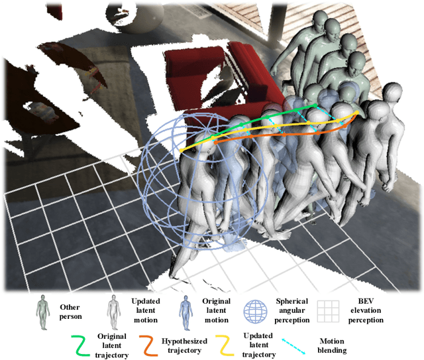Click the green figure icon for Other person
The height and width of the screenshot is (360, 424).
point(43,312)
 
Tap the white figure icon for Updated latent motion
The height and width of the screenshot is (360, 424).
point(114,312)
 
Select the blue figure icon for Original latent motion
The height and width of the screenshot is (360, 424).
point(185,312)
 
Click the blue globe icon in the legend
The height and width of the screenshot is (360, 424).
point(256,312)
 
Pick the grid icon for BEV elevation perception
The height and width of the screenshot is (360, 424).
point(328,312)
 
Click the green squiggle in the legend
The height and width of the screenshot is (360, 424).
point(81,345)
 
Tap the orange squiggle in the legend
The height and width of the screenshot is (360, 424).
point(148,345)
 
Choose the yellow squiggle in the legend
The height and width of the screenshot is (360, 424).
point(225,345)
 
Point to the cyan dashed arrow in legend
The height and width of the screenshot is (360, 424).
point(293,346)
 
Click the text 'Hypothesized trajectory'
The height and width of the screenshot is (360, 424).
point(184,345)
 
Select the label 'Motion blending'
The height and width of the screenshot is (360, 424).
point(332,345)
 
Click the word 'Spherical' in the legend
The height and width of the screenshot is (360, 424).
point(292,301)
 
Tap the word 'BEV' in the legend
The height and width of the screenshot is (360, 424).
point(366,301)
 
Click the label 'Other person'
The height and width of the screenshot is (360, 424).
point(70,312)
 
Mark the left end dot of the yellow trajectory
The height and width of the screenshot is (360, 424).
point(182,150)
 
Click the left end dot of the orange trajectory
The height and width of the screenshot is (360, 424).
point(216,143)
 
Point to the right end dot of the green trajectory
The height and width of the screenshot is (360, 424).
point(315,105)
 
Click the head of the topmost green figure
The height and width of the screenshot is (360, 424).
point(321,21)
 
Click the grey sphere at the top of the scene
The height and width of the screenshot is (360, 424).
point(135,17)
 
